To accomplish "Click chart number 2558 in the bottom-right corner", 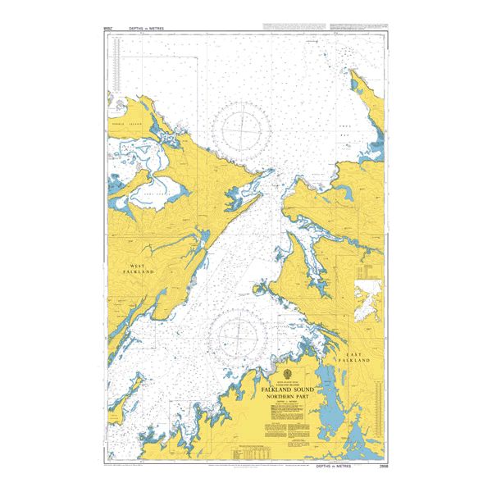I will point(380,463).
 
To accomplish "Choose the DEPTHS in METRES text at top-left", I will point(146,28).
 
